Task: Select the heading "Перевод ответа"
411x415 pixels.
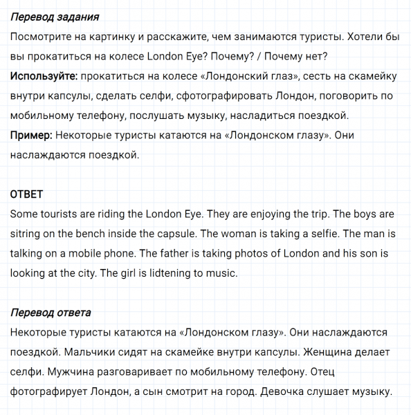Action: click(x=51, y=314)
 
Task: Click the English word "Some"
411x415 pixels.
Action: click(x=25, y=214)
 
